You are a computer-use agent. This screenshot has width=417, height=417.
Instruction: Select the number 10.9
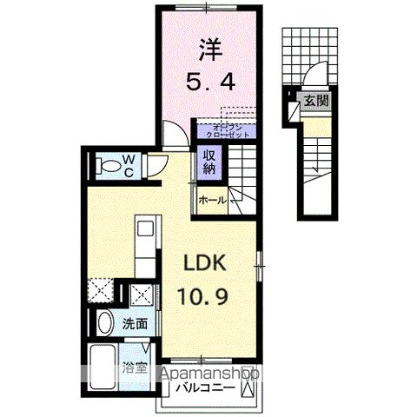tap(206, 299)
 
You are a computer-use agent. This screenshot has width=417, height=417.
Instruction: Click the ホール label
tap(213, 201)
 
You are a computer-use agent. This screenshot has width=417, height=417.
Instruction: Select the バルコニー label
tap(206, 387)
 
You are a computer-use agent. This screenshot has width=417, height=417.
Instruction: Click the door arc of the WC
tap(154, 168)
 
